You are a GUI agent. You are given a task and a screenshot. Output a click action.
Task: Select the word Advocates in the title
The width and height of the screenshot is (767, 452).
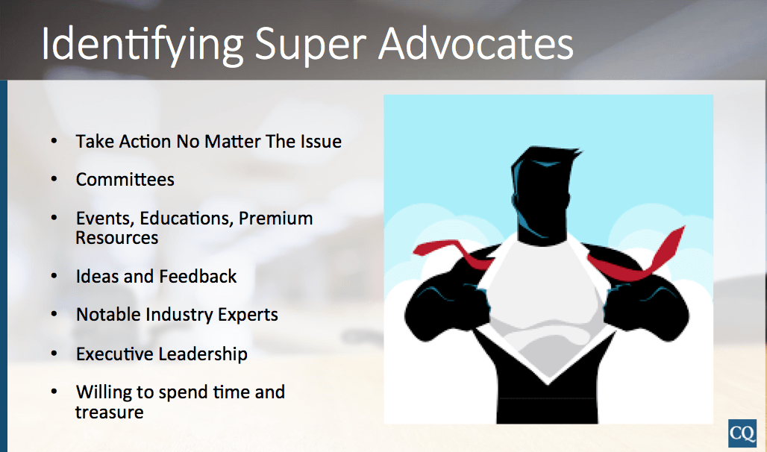click(x=475, y=43)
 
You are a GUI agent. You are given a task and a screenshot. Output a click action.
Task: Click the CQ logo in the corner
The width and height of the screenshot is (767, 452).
click(x=742, y=433)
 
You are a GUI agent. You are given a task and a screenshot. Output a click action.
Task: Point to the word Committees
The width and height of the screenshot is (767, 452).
click(x=125, y=180)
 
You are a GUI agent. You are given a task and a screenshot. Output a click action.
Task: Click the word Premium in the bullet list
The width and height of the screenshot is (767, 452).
click(x=276, y=219)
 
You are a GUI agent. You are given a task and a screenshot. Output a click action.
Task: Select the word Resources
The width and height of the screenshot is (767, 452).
click(x=117, y=238)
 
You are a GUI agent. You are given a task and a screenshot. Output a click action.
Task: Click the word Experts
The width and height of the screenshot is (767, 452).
click(x=248, y=316)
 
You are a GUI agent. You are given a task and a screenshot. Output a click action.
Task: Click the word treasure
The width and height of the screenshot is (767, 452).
click(x=110, y=412)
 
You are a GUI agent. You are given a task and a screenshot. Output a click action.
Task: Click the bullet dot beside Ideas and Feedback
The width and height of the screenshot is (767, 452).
click(x=54, y=277)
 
